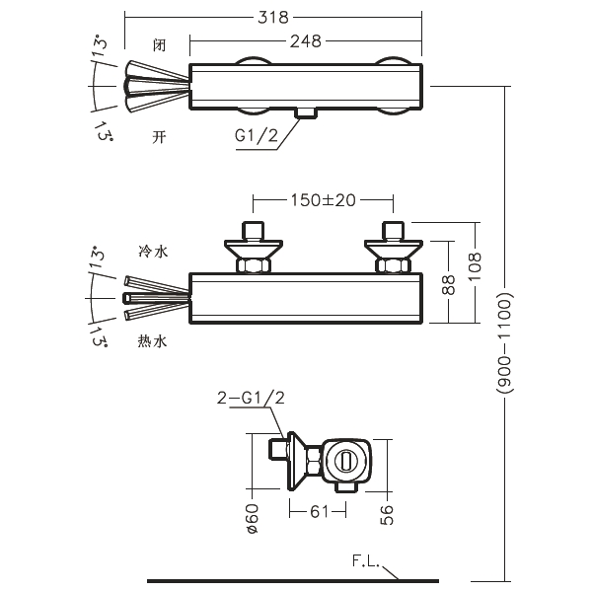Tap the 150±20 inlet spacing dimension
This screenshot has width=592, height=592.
coord(323,199)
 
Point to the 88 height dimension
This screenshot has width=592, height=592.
coord(449,285)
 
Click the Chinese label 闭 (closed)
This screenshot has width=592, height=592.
coord(159,45)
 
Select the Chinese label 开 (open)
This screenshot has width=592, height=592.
coord(159,136)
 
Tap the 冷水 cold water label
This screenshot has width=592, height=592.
coord(154,253)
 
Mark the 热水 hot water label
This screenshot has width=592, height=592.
coord(154,340)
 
